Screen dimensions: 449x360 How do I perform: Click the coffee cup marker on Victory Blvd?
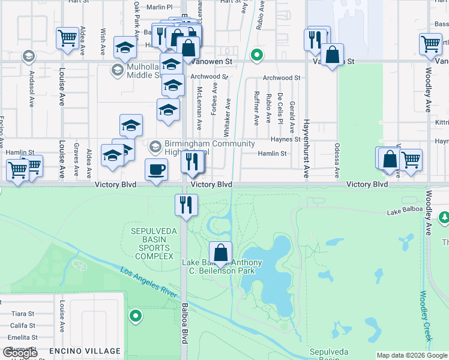tap(157, 170)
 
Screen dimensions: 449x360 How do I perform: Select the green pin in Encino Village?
tap(136, 315)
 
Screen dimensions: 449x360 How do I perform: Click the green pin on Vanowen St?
tap(257, 56)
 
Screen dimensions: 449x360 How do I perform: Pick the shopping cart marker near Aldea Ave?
tap(67, 38)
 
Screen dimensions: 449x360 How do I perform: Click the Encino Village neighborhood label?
tap(85, 351)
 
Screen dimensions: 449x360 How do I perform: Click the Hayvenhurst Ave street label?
tap(306, 148)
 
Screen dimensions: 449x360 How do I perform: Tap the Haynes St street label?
tap(285, 139)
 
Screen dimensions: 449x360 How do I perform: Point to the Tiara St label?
tap(23, 314)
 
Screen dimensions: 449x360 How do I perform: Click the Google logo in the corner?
tap(20, 353)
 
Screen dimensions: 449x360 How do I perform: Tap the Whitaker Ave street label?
tap(228, 109)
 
